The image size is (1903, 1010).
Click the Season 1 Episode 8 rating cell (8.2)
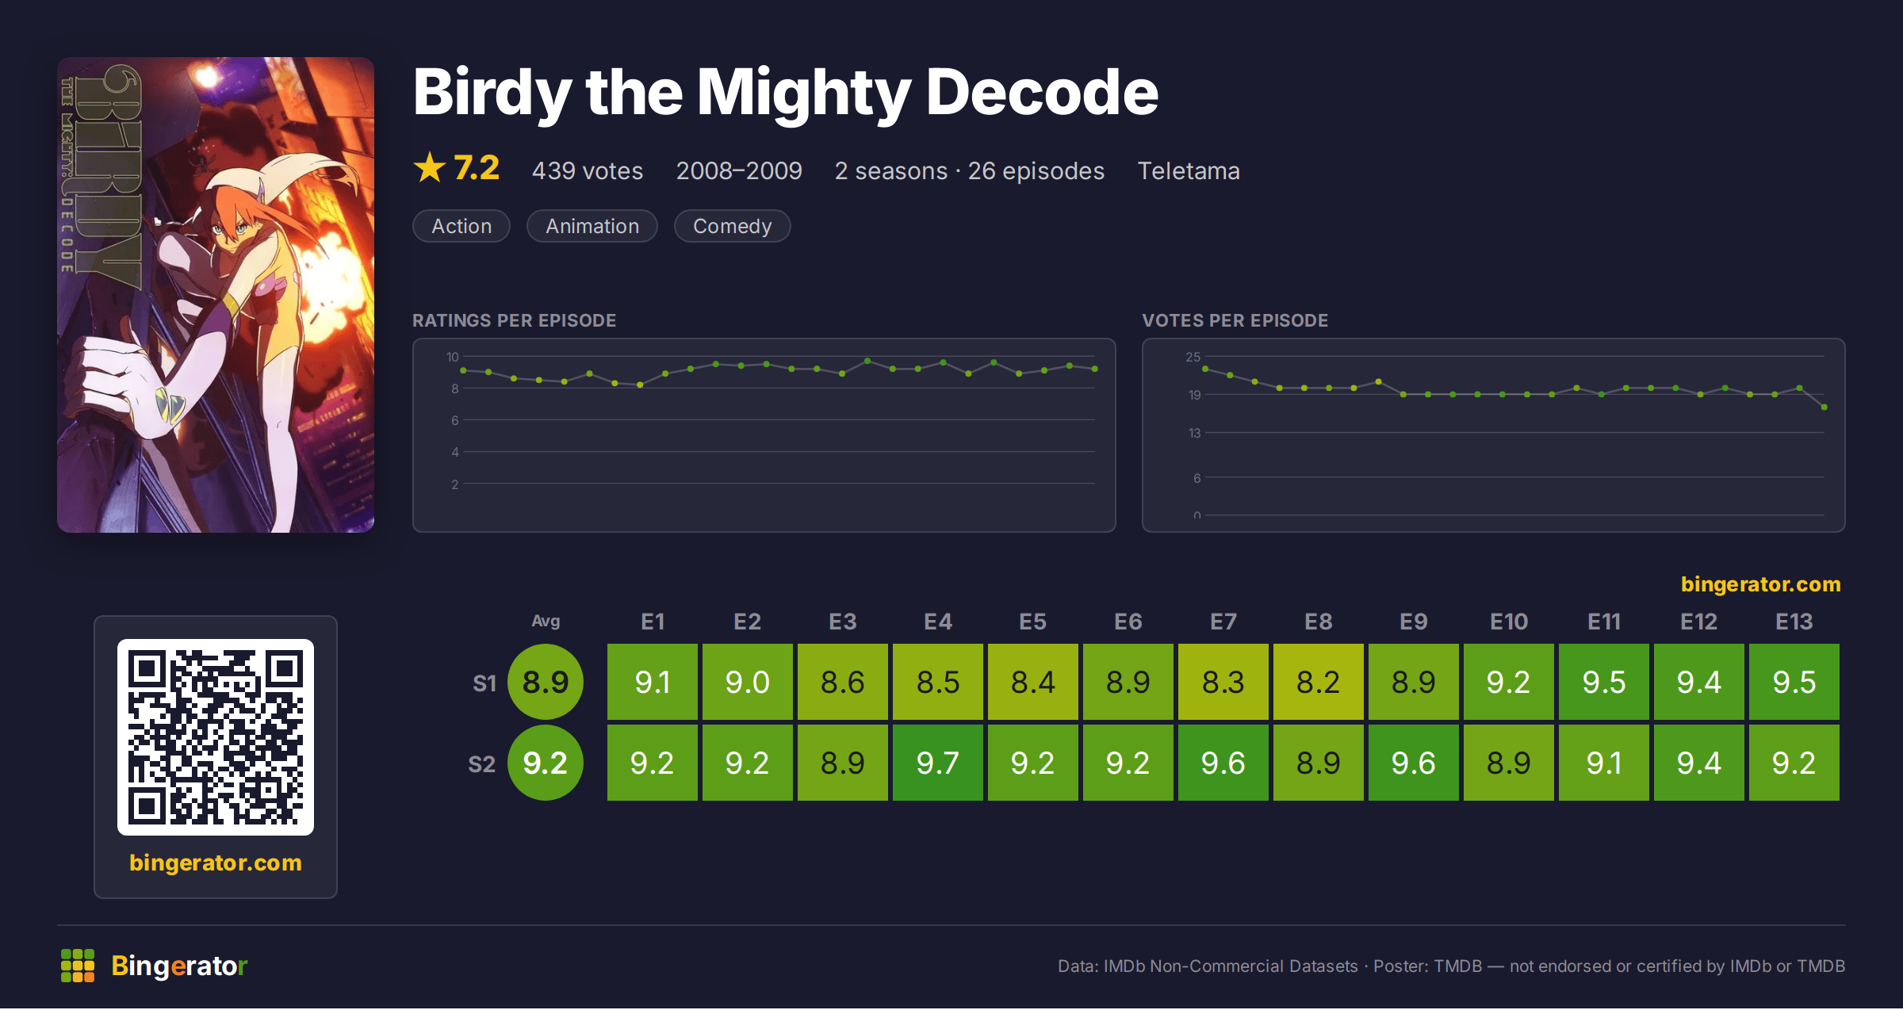[1318, 682]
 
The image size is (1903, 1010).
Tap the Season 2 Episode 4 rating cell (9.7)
[937, 763]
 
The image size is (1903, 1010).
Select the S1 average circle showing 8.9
[546, 682]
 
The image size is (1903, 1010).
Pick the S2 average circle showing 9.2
[546, 763]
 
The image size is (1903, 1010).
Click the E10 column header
[1508, 622]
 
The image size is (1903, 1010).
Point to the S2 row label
[481, 764]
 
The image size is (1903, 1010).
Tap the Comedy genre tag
[732, 226]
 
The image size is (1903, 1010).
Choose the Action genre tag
[461, 226]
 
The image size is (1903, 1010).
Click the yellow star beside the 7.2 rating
[430, 167]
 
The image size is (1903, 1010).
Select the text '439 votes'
[588, 170]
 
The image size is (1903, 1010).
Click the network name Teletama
[1189, 170]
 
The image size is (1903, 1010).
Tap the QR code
[216, 737]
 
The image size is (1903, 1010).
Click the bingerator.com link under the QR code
[216, 863]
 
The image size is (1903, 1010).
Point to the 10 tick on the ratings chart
[453, 357]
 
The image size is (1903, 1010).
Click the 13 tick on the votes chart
[1194, 433]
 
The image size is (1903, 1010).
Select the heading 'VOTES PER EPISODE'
[1235, 320]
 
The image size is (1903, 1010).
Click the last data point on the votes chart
[1825, 407]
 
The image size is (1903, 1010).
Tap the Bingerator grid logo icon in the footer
[78, 966]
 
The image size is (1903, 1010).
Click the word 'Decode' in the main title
[1042, 92]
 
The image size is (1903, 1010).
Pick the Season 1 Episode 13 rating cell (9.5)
[1794, 682]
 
